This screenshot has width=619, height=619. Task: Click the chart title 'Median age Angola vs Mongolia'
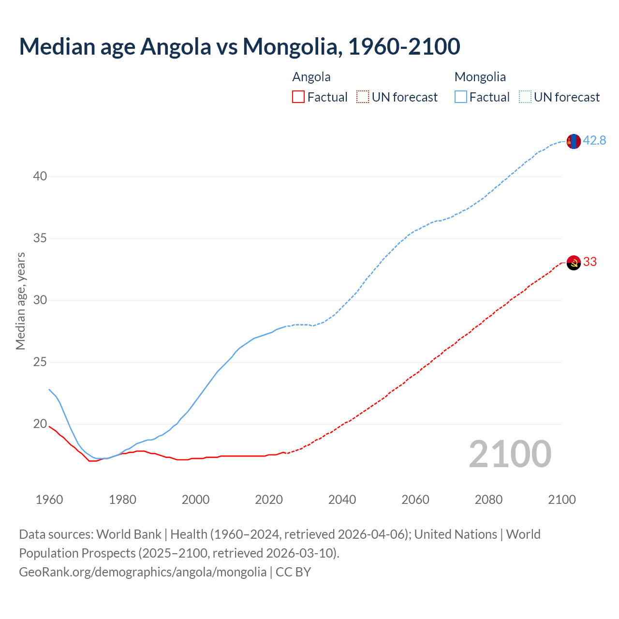coord(239,46)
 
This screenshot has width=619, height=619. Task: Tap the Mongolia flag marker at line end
coord(573,141)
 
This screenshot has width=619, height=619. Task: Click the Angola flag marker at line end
coord(573,263)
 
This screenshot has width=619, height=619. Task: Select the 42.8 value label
coord(594,140)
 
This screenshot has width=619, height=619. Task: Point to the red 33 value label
coord(590,262)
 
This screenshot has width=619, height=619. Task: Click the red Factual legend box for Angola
coord(298,97)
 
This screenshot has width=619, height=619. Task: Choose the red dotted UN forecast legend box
coord(363,97)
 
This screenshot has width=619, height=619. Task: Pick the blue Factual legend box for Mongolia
coord(460,97)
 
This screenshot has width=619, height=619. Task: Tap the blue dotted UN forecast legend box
coord(525,97)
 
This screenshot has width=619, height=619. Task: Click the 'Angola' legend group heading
coord(311,77)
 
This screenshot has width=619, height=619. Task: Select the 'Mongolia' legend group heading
coord(480,77)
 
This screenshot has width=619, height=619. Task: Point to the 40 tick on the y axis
coord(40,176)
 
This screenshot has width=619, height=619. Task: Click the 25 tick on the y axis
coord(40,362)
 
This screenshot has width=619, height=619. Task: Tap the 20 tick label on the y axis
coord(40,424)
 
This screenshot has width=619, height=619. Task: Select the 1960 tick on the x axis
coord(49,500)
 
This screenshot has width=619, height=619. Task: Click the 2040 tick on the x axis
coord(342,500)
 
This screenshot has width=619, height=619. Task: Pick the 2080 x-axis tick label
coord(488,500)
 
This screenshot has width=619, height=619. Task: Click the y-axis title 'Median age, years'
coord(20,301)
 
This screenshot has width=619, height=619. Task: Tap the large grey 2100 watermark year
coord(510,454)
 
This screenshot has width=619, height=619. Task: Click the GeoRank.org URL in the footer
coord(143,572)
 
